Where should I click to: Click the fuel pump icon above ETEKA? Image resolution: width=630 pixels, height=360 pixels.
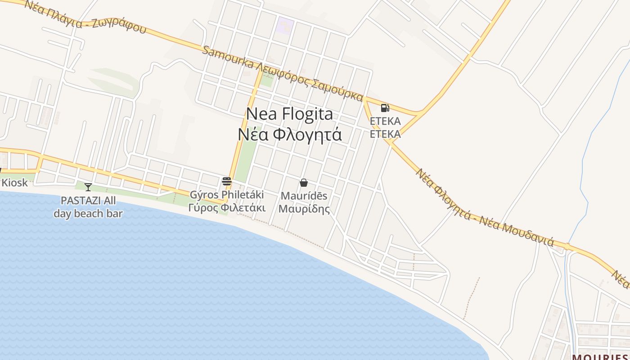click(x=385, y=108)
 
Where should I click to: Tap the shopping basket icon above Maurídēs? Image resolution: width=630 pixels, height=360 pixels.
click(x=304, y=183)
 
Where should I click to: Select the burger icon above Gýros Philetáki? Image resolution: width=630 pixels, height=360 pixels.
click(x=226, y=181)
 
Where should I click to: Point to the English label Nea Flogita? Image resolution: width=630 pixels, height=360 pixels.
click(x=290, y=114)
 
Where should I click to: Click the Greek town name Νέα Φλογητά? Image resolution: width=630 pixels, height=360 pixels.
click(x=290, y=134)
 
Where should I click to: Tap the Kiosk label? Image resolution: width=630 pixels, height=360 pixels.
click(x=14, y=183)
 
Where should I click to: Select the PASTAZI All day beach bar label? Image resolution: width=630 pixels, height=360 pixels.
click(x=88, y=207)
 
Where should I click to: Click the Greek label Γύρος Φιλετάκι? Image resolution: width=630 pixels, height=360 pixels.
click(x=227, y=207)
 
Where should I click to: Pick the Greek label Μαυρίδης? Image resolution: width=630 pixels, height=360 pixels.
click(x=304, y=209)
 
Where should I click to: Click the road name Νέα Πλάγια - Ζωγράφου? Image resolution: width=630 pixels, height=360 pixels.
click(x=85, y=16)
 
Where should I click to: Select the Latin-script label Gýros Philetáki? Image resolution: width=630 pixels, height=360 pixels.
click(x=227, y=195)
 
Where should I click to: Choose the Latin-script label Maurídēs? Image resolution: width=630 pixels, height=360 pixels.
click(x=304, y=196)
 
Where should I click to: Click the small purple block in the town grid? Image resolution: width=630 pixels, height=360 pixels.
click(x=285, y=24)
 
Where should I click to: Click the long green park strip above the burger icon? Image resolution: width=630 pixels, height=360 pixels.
click(x=243, y=157)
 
